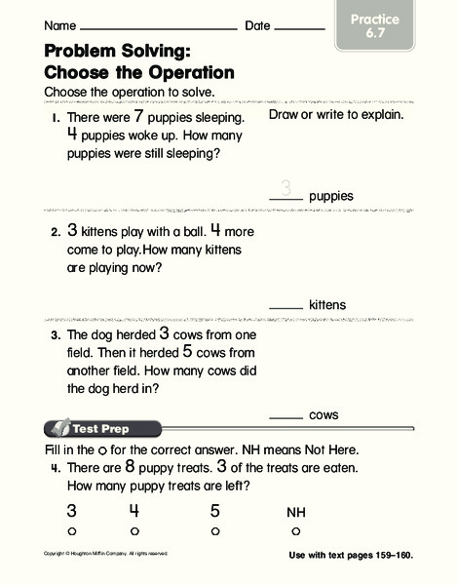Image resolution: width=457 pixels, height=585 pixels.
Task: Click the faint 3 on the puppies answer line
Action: click(286, 189)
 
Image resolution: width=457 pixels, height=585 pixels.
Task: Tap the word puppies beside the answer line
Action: click(330, 196)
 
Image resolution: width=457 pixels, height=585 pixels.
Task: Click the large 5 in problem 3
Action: click(187, 351)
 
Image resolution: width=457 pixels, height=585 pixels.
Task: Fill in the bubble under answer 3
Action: click(71, 530)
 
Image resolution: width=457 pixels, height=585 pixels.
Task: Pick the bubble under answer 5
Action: click(215, 530)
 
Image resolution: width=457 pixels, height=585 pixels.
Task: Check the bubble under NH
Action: click(295, 530)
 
